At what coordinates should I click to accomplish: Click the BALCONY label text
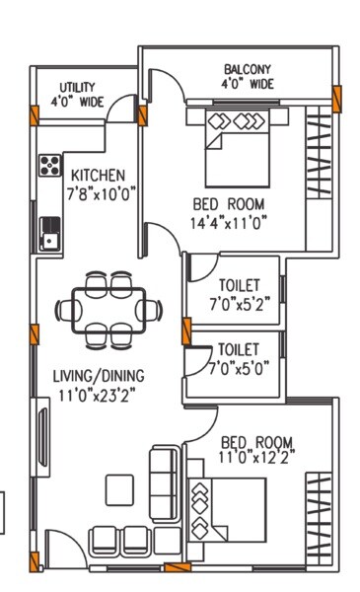pos(248,69)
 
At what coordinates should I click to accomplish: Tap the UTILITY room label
pos(78,86)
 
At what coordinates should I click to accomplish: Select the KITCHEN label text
pos(96,170)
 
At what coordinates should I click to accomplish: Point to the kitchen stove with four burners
pos(49,165)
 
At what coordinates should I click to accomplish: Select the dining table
pos(108,310)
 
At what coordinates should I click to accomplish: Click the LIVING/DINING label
pos(99,375)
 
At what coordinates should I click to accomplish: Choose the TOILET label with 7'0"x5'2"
pos(238,285)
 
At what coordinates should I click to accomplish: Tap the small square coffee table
pos(120,487)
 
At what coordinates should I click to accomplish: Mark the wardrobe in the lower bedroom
pos(318,513)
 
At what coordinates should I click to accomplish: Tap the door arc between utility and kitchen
pos(122,107)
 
